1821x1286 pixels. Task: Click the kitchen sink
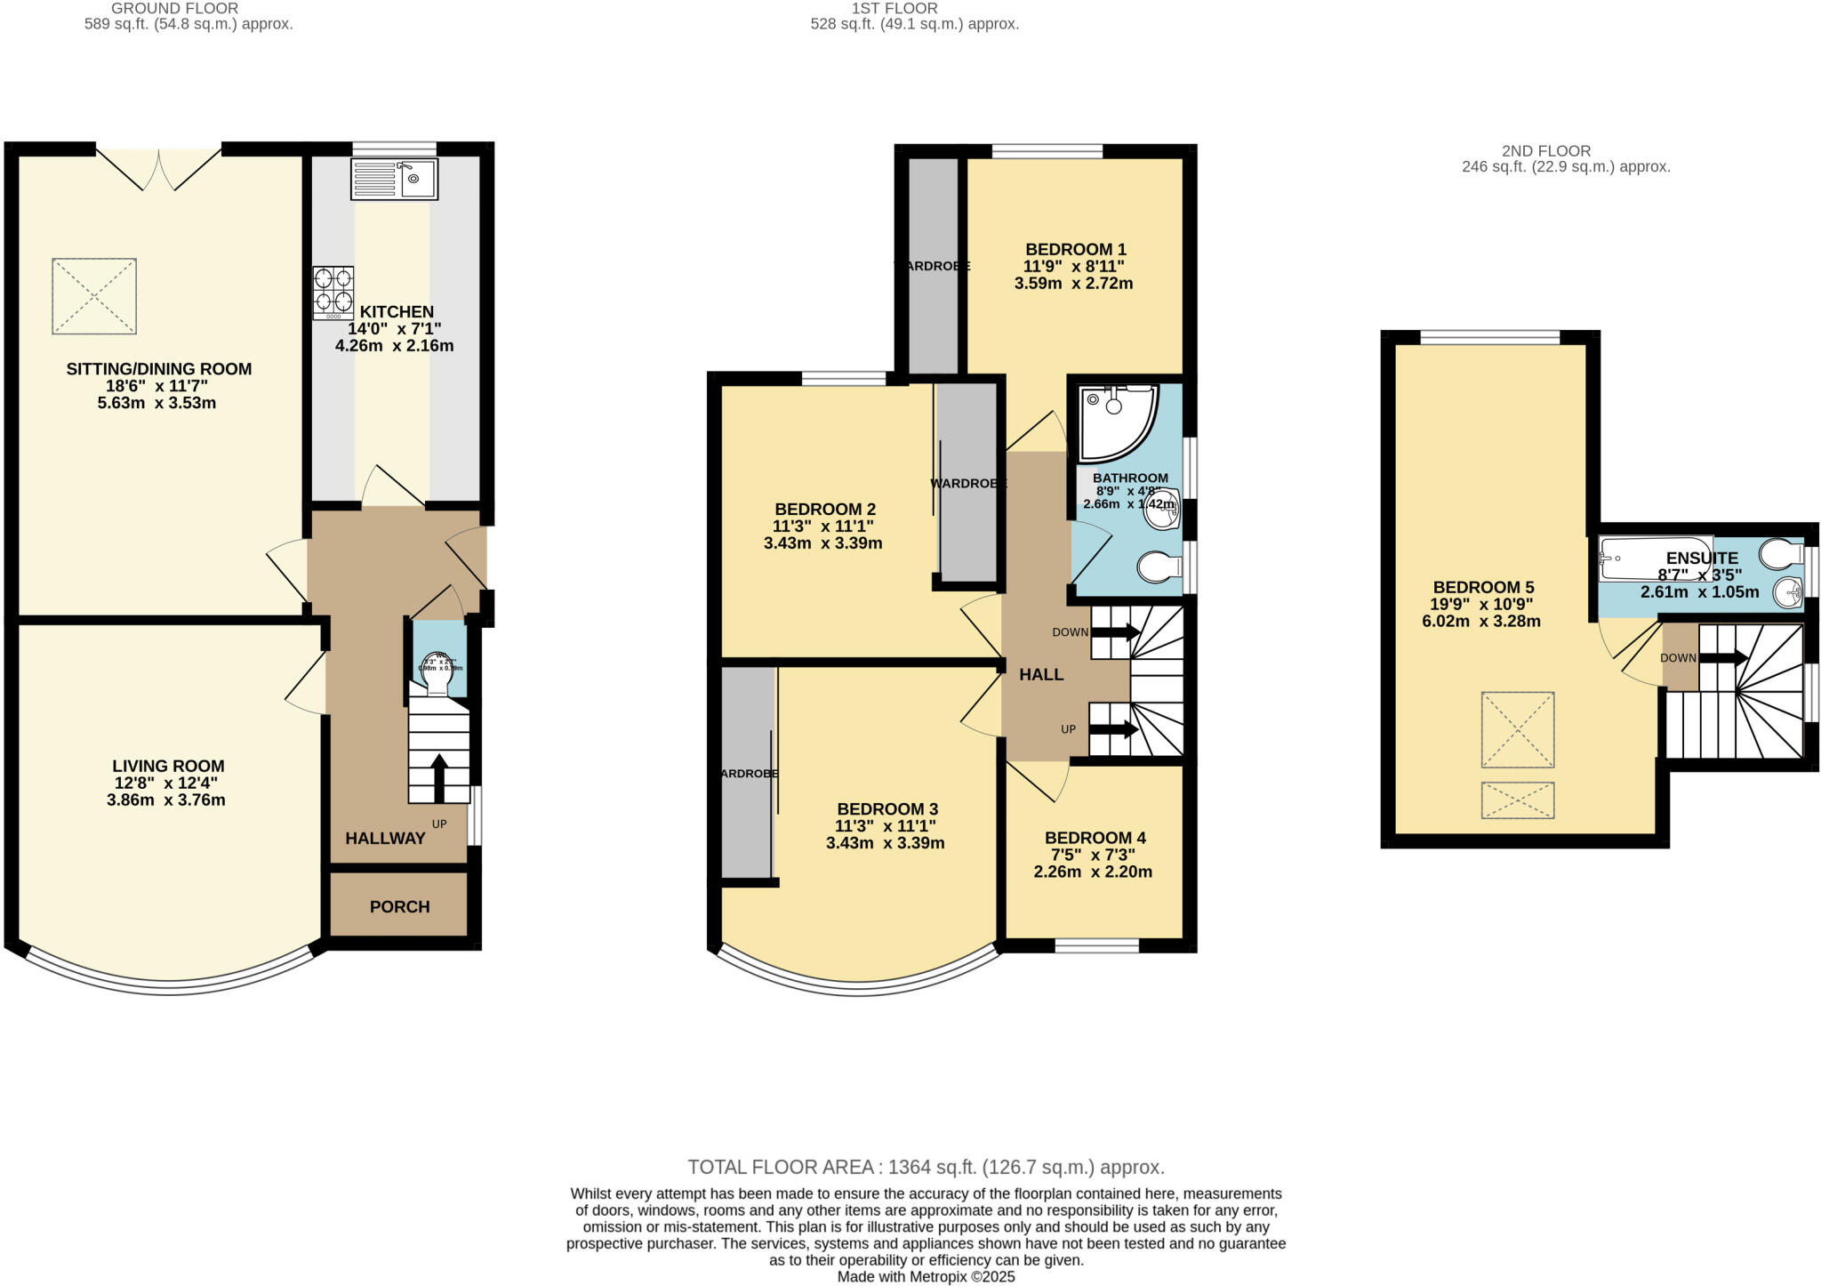(395, 179)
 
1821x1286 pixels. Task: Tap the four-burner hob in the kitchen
(333, 293)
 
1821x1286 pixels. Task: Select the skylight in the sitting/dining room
(94, 296)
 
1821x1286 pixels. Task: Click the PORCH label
(399, 906)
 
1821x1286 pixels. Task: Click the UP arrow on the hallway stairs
(438, 776)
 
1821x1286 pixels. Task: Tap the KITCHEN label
(397, 312)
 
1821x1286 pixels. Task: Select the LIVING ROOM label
(168, 766)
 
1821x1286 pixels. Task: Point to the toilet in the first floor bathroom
(1159, 567)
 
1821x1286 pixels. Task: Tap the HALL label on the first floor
(1041, 675)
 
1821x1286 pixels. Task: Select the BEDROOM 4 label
(1095, 838)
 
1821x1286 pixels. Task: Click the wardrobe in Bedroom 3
(746, 772)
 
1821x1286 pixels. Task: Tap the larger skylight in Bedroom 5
(1517, 729)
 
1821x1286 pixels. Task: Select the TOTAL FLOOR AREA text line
(926, 1167)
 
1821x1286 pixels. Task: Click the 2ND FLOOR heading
(1545, 151)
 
